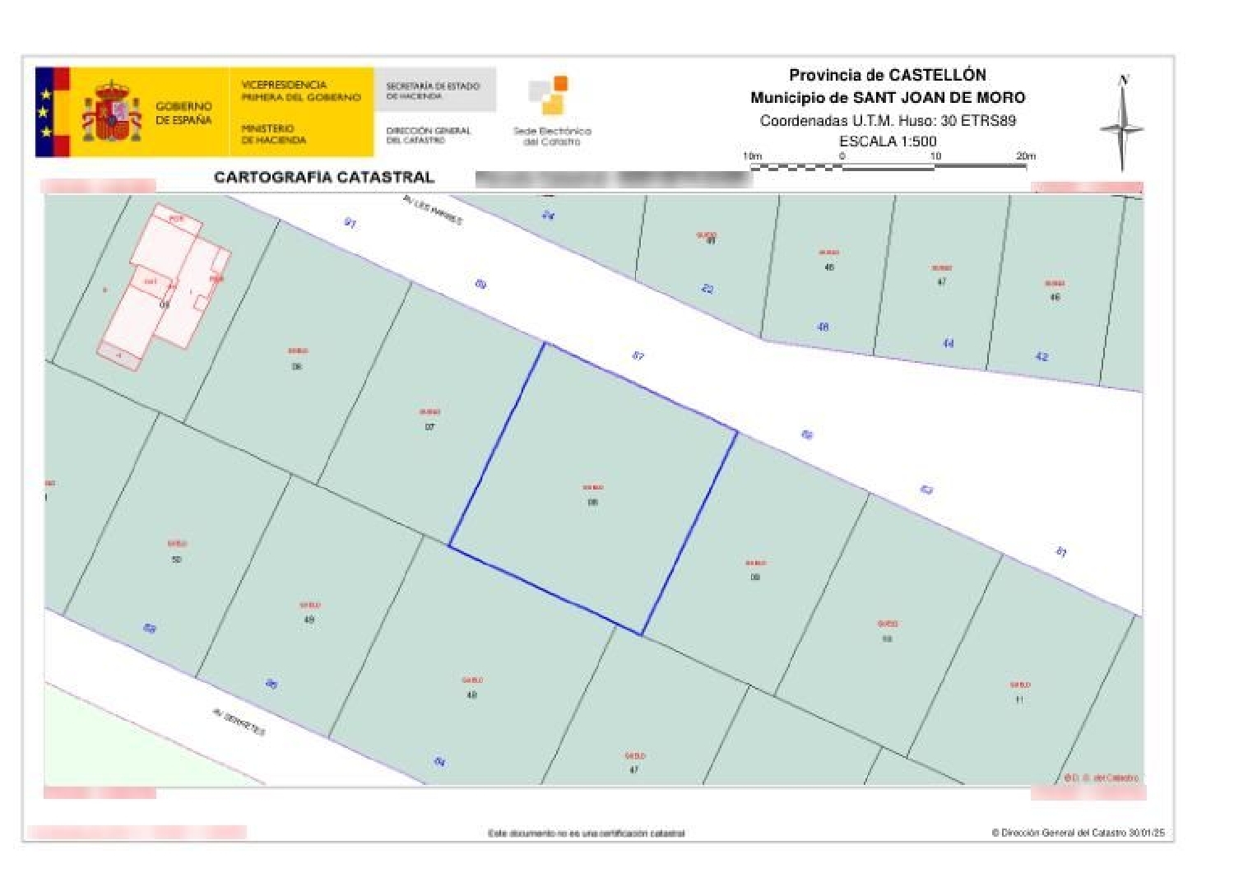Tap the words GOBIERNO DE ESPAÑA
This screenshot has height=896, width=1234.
183,113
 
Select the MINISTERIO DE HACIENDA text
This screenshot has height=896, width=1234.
273,134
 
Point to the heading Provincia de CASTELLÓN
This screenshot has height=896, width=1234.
887,75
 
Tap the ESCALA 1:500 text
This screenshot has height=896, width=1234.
888,141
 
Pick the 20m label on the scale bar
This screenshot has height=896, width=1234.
1025,156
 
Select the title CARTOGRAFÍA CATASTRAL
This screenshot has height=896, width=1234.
323,177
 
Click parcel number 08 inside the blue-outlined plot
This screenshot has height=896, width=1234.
593,502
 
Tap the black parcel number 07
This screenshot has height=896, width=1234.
429,426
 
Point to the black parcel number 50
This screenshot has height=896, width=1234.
176,559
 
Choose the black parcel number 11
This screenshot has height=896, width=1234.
1019,699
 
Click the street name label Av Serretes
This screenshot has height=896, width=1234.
239,722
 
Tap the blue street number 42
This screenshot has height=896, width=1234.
1041,356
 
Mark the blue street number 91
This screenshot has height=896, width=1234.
350,223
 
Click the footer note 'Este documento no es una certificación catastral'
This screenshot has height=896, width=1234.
586,833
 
